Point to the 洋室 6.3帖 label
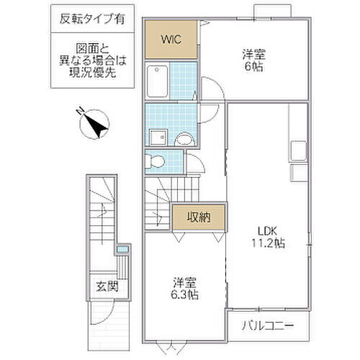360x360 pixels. pos(185,289)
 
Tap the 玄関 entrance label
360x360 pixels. pos(106,287)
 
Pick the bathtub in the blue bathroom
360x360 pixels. pos(158,83)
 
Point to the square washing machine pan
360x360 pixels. pos(157,137)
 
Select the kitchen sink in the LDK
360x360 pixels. pos(297,152)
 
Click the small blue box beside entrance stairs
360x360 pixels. pos(122,251)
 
